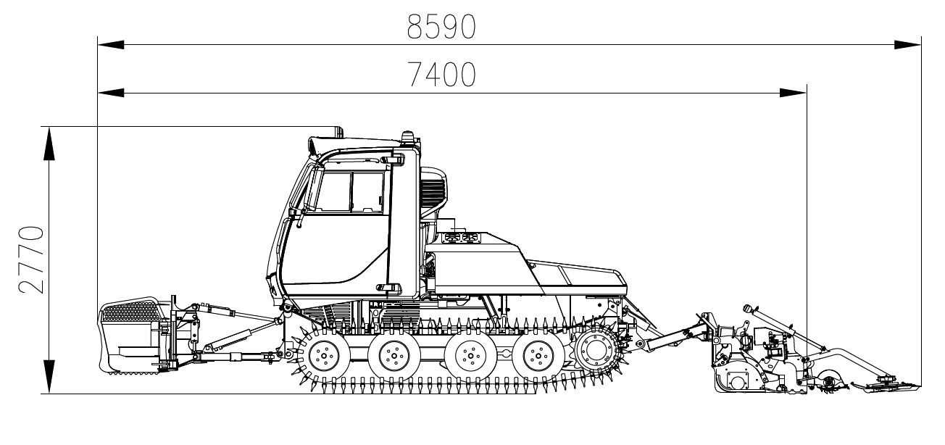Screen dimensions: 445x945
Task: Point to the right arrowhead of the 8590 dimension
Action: pyautogui.click(x=907, y=45)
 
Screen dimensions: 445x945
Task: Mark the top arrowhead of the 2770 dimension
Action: pyautogui.click(x=49, y=142)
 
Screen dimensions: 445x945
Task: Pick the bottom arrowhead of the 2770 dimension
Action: pyautogui.click(x=49, y=378)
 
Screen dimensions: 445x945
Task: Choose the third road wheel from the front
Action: pyautogui.click(x=470, y=356)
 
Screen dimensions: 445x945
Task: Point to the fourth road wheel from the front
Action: pyautogui.click(x=537, y=356)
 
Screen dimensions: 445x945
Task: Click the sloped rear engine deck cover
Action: pyautogui.click(x=576, y=278)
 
